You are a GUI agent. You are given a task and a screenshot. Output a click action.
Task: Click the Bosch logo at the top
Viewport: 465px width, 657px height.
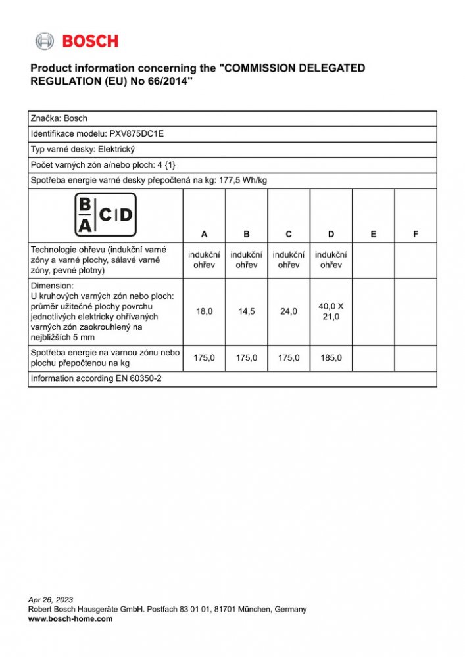click(77, 41)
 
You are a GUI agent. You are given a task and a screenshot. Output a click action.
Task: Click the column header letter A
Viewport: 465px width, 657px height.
click(205, 234)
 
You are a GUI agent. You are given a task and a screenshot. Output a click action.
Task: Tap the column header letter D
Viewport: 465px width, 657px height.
click(331, 234)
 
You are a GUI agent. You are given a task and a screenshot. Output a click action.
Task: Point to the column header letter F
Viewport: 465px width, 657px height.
click(416, 234)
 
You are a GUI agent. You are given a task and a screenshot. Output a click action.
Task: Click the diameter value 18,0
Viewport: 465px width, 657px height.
click(205, 311)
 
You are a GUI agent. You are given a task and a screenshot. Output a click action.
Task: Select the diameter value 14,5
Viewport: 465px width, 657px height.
click(247, 311)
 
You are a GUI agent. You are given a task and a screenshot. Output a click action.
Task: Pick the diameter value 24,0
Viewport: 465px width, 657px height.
click(289, 311)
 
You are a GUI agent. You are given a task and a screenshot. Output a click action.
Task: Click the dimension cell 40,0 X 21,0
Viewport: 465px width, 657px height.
click(331, 311)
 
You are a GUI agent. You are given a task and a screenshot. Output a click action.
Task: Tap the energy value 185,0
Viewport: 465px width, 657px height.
click(331, 358)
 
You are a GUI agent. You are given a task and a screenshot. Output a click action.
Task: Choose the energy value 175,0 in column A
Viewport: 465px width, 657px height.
click(205, 358)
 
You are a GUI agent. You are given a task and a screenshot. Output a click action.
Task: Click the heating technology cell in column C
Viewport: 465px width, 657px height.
click(289, 260)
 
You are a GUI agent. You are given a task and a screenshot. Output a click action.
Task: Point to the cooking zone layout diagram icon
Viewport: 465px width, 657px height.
click(105, 214)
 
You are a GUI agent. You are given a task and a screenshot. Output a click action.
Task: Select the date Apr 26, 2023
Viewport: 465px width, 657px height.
click(51, 600)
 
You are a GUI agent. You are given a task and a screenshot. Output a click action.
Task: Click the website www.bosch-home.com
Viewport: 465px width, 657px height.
click(70, 618)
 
